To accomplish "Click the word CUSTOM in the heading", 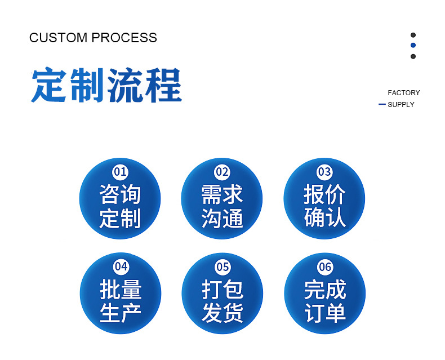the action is tap(59, 38).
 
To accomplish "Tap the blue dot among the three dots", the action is tap(413, 46).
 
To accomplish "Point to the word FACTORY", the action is tap(404, 92).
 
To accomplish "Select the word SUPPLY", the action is tap(401, 105).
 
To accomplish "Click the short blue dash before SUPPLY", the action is tap(382, 104).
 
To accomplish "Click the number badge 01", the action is tap(121, 172).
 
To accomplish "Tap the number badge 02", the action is tap(222, 172).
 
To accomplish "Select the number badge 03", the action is tap(324, 172).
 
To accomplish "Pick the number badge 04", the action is tap(121, 266).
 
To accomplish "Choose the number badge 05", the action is tap(222, 266).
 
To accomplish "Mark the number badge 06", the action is tap(324, 266).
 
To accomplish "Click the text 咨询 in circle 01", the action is tap(120, 195).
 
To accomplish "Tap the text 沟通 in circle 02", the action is tap(222, 218).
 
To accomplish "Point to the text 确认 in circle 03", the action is tap(324, 218).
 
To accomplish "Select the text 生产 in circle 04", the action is tap(120, 313).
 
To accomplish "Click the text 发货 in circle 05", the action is tap(222, 313).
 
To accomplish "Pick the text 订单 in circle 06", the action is tap(324, 313).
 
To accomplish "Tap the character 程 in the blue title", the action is tap(164, 85).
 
